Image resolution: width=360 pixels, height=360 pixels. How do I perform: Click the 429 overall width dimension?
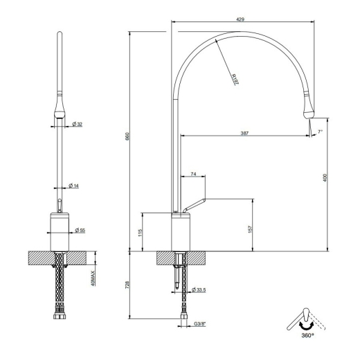click(240, 19)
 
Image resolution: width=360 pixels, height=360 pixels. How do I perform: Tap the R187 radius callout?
click(235, 80)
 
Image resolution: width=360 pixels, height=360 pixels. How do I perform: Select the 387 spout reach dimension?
click(244, 133)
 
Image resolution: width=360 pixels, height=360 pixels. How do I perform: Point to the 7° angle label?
click(320, 132)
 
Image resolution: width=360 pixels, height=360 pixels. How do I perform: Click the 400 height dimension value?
click(325, 178)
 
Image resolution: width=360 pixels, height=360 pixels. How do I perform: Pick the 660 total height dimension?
click(127, 136)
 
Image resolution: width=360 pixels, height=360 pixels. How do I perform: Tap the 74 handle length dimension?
click(193, 174)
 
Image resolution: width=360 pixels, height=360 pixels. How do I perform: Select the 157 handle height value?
click(251, 228)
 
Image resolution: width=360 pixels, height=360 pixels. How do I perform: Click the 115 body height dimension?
click(140, 233)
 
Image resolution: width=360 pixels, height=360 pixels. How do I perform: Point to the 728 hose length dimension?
click(127, 285)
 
